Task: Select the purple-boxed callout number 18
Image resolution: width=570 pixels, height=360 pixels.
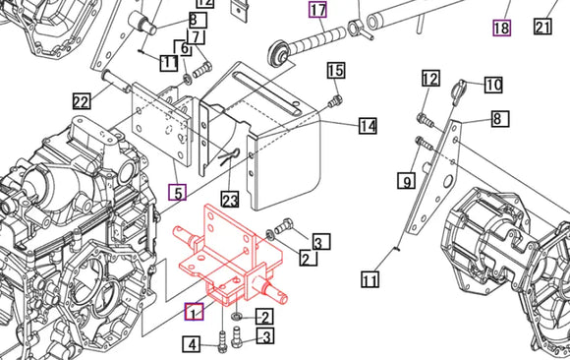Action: tap(501, 28)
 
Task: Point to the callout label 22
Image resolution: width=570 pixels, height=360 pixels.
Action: tap(81, 100)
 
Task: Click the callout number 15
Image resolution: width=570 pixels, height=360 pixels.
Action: tap(336, 71)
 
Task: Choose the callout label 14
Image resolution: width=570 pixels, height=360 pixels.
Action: tap(368, 126)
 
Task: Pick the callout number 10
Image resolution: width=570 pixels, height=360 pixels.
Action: tap(492, 85)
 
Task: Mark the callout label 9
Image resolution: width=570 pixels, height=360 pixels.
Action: tap(406, 180)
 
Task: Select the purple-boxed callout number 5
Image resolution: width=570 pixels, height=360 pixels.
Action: tap(177, 192)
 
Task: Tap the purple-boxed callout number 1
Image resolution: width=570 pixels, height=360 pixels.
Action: tap(195, 312)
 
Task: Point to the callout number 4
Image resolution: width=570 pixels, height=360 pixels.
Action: tap(194, 344)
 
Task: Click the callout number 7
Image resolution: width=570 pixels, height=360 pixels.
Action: tap(197, 37)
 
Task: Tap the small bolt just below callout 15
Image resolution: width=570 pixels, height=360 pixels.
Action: tap(337, 99)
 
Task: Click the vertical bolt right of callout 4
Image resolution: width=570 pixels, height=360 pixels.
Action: tap(224, 343)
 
